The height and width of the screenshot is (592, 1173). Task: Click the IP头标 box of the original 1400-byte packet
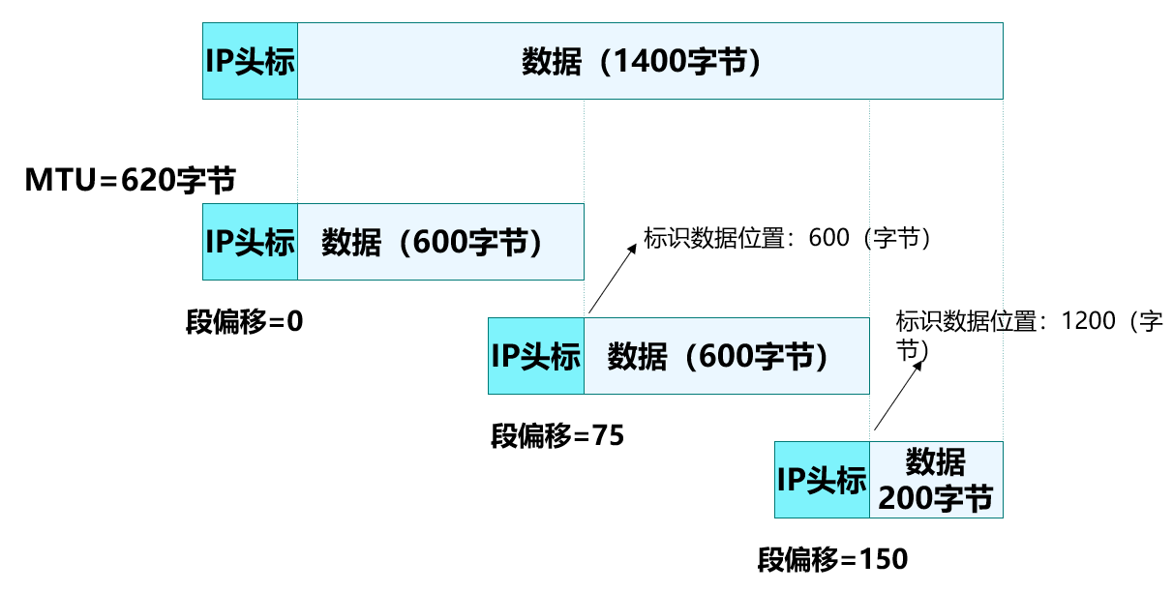(250, 61)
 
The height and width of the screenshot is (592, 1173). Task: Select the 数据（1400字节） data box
(649, 61)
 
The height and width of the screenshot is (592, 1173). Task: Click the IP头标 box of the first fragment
(250, 242)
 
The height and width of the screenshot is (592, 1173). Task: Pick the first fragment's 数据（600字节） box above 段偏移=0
(440, 242)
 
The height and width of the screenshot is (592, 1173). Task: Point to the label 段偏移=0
(245, 321)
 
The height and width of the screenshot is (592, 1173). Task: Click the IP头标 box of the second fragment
(536, 355)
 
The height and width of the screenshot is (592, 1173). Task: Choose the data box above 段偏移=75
(726, 355)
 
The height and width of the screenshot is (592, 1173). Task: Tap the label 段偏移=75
(557, 435)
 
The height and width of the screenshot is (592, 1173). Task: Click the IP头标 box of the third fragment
(823, 480)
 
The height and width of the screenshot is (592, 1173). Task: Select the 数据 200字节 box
(936, 480)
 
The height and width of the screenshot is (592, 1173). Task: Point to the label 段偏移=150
(832, 559)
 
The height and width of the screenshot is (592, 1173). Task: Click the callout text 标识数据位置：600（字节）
(789, 238)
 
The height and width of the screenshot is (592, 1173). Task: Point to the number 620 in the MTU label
(150, 180)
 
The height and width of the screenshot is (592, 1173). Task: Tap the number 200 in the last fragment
(904, 499)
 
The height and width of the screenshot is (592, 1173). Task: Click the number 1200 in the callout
(1088, 322)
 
